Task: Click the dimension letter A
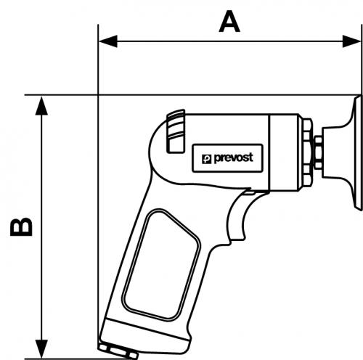pos(229,22)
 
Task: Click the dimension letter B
pos(21,226)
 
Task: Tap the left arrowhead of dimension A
pos(108,41)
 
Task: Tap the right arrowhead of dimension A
pos(351,41)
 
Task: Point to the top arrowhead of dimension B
pos(41,106)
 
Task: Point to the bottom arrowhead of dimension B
pos(41,348)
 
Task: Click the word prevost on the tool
pos(234,158)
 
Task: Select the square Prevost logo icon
pos(206,159)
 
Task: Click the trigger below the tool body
pos(238,216)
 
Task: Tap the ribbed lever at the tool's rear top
pos(176,131)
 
